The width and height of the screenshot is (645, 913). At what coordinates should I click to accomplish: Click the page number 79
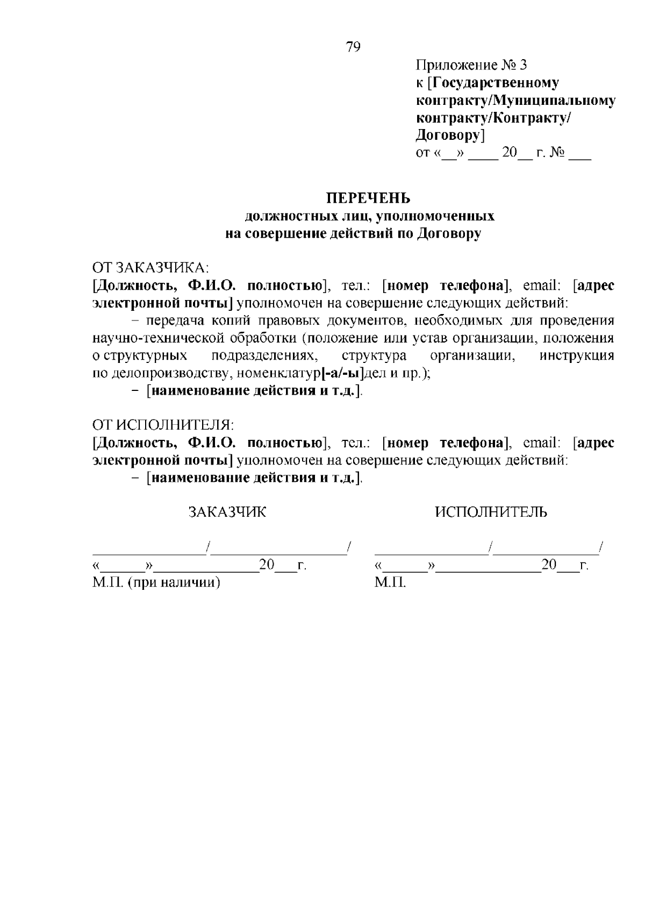[x=353, y=47]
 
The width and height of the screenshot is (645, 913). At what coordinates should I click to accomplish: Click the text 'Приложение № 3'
[x=471, y=66]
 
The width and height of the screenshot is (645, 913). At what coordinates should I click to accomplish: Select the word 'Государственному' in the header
[x=496, y=83]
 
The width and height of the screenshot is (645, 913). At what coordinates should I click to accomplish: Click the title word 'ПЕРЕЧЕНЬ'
[x=369, y=198]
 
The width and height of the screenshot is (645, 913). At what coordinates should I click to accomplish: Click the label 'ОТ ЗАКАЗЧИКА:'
[x=150, y=268]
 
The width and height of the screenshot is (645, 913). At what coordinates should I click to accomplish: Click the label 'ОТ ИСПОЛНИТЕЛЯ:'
[x=163, y=425]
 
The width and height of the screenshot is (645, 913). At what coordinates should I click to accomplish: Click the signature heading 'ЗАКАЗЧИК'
[x=227, y=512]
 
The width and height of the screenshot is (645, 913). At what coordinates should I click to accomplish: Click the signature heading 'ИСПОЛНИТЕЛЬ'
[x=491, y=512]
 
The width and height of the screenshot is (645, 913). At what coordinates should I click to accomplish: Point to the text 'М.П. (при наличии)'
[x=156, y=582]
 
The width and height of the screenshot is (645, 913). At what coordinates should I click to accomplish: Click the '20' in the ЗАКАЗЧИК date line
[x=267, y=565]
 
